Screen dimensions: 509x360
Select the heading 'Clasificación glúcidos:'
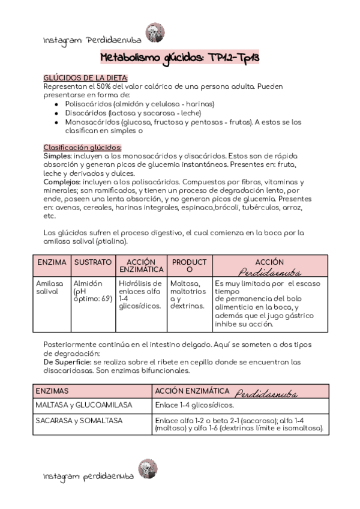click(x=83, y=147)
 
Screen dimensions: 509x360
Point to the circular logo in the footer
click(x=147, y=469)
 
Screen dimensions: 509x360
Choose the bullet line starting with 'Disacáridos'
click(x=133, y=113)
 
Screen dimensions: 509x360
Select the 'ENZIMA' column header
click(x=52, y=262)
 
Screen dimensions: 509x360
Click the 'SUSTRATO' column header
click(x=92, y=262)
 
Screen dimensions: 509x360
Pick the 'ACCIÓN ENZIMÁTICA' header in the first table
click(x=142, y=267)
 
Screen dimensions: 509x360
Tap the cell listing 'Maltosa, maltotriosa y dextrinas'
click(x=188, y=295)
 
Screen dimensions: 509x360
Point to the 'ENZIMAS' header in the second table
click(x=53, y=390)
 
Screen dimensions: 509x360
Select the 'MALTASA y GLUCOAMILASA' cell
click(x=79, y=405)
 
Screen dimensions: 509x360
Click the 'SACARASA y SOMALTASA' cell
click(x=79, y=421)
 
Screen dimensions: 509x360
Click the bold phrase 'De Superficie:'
click(x=67, y=362)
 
